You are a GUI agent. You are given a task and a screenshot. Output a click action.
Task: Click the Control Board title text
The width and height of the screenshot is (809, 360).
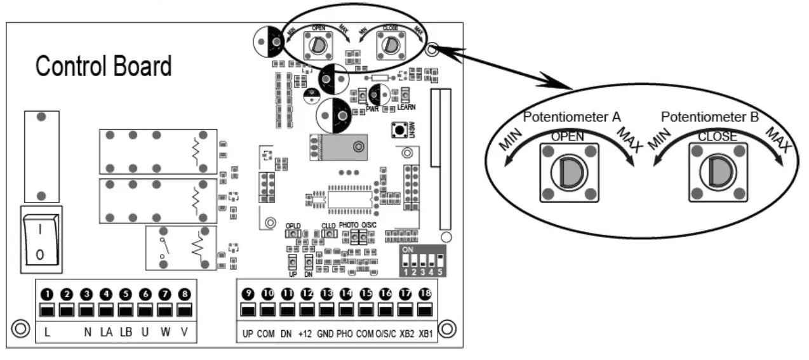(x=104, y=66)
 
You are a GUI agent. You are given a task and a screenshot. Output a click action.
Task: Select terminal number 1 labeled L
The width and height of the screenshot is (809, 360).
(x=46, y=311)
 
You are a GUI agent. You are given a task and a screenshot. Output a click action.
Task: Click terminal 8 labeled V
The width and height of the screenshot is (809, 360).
(x=184, y=311)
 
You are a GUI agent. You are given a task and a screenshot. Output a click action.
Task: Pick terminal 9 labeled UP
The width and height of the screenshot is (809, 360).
(x=248, y=311)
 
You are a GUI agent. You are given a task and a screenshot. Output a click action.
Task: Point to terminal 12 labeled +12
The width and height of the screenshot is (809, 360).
(x=307, y=311)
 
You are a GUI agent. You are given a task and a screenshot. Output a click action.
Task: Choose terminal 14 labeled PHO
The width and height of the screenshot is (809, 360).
(x=346, y=311)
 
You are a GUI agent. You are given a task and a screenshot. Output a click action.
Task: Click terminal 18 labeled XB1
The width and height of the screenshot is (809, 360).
(x=425, y=311)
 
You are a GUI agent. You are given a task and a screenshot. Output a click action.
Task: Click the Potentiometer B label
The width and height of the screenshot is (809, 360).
(x=710, y=117)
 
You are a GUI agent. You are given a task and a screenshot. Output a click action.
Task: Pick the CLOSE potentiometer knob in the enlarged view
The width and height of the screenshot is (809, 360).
(x=717, y=172)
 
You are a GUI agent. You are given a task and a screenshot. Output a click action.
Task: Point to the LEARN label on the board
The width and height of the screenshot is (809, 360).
(x=406, y=109)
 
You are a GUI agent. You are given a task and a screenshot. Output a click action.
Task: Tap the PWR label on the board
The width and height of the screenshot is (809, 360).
(x=372, y=109)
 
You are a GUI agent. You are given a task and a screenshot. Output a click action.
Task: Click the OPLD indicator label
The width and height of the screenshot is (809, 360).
(x=293, y=225)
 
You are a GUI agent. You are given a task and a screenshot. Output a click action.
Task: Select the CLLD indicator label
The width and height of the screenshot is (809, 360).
(x=328, y=225)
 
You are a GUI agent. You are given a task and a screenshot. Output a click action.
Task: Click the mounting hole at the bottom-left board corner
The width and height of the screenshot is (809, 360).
(x=20, y=330)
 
